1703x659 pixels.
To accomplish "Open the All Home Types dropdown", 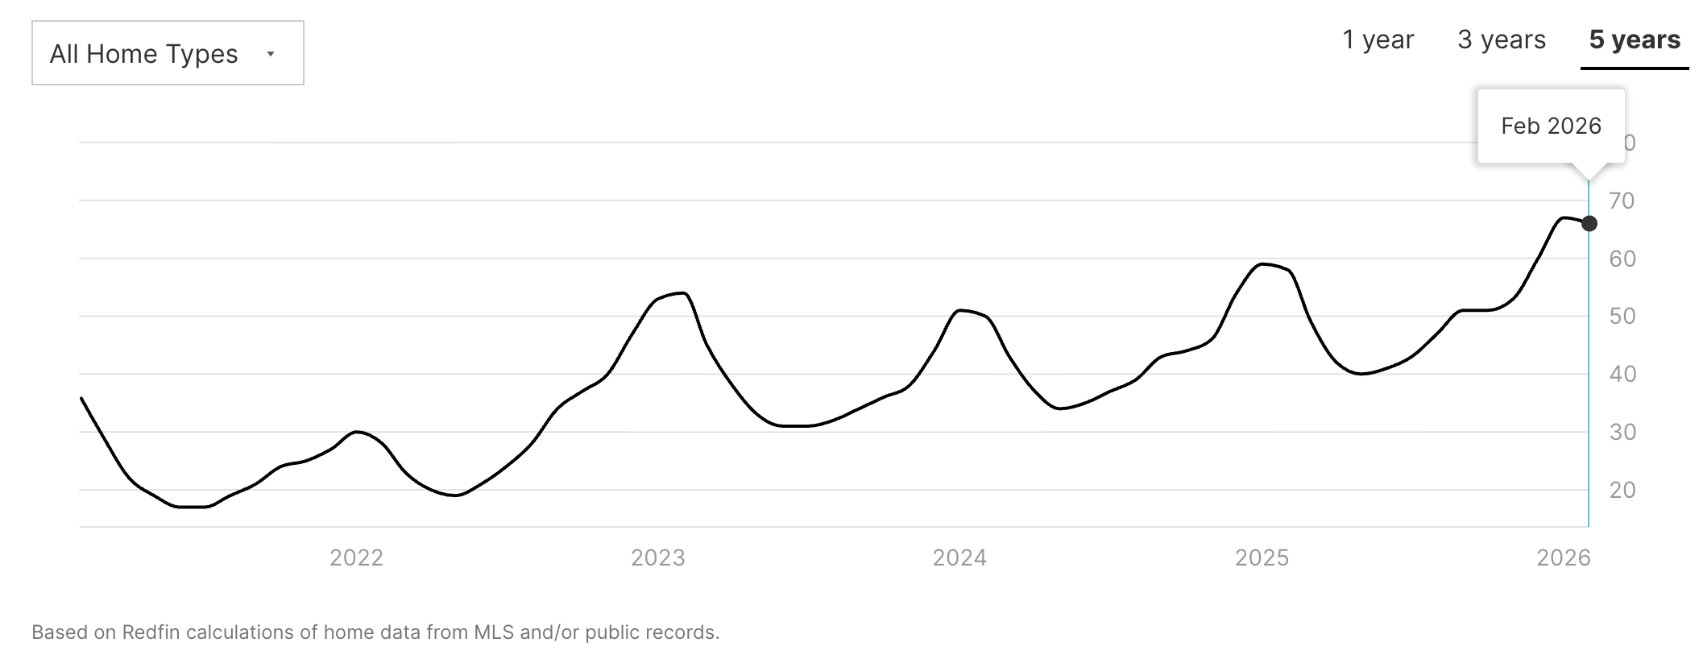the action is point(168,53).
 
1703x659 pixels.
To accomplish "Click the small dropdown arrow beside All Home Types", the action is point(271,54).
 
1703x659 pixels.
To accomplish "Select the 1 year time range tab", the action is point(1378,39).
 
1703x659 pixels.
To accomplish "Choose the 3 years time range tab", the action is point(1502,39).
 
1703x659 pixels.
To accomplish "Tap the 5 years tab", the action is point(1635,39).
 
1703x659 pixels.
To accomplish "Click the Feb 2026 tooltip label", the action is point(1551,126).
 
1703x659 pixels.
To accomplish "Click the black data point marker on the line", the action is point(1589,223).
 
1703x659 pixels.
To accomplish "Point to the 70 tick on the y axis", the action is point(1622,201).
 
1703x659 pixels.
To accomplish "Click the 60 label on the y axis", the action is point(1622,259).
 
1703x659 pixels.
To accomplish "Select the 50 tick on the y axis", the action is point(1622,316).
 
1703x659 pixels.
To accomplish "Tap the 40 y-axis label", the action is point(1622,374).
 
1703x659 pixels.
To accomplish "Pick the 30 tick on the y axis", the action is point(1622,432).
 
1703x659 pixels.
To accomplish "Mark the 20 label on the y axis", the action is point(1622,490).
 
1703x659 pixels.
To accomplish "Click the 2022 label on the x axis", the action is point(356,557).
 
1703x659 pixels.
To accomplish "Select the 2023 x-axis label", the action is point(657,557).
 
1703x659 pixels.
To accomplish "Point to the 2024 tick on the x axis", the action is point(959,557).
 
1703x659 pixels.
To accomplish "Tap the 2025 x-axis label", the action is point(1262,557).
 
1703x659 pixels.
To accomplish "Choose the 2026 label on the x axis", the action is point(1564,557).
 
